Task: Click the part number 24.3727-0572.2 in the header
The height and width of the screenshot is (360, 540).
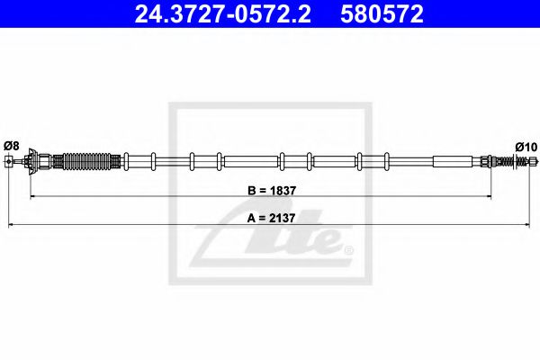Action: (222, 13)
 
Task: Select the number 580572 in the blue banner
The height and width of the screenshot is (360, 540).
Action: (382, 13)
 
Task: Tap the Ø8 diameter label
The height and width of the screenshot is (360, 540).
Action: (12, 146)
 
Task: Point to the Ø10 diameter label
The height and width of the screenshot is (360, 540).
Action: (526, 147)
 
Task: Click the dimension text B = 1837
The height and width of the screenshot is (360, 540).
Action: (272, 191)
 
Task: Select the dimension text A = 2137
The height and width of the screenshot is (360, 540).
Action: (271, 218)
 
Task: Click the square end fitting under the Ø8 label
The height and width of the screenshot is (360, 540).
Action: (9, 160)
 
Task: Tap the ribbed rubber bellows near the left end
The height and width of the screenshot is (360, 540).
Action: (87, 161)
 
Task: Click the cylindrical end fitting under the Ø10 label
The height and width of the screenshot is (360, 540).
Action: (533, 161)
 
